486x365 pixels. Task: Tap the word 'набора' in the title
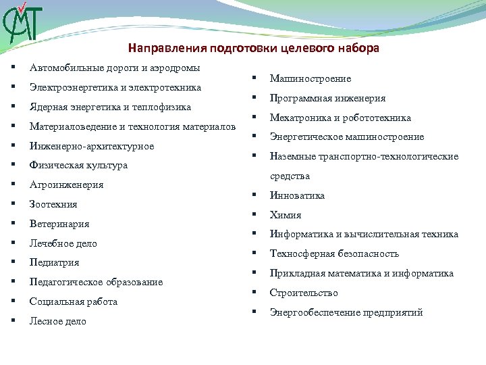362,49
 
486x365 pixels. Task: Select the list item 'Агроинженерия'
66,185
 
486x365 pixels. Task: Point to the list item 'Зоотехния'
53,205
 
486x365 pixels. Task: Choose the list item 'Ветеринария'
59,224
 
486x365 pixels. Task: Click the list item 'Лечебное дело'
63,244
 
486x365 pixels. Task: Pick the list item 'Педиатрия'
55,263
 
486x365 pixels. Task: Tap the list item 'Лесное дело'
58,322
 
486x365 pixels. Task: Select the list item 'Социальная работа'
74,302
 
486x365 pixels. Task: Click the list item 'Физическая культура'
78,166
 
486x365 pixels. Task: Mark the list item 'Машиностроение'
310,79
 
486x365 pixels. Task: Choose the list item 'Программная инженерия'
327,99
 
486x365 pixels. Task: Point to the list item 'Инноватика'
297,196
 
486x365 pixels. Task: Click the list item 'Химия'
286,216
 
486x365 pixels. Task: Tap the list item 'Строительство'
304,293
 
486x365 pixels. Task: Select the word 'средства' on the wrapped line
290,176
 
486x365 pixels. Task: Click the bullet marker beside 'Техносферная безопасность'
255,254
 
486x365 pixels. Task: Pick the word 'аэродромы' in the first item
176,68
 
